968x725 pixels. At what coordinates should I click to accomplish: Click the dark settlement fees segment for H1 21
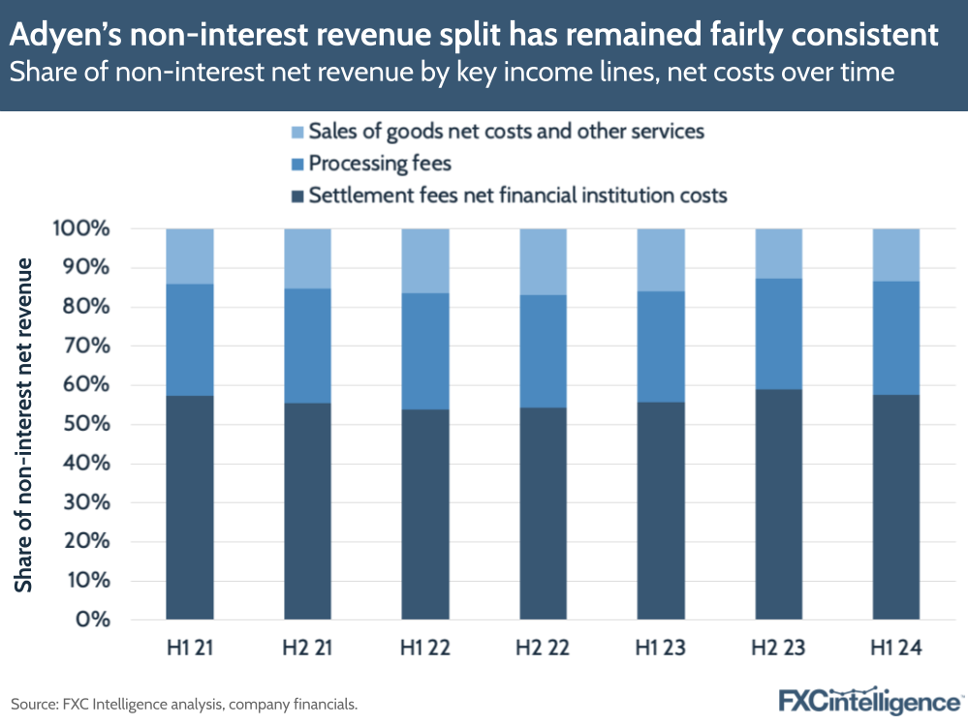point(189,507)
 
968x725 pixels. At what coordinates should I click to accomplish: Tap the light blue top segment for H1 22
point(425,260)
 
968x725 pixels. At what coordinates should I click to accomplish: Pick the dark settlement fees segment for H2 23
point(779,504)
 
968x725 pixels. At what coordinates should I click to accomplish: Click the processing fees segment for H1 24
point(896,338)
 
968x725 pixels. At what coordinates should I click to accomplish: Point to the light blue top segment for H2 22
point(544,261)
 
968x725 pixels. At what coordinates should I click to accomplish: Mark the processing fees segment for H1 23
point(661,347)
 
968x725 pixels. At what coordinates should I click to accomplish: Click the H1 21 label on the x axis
point(189,648)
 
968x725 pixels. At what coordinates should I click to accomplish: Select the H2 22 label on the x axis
point(544,648)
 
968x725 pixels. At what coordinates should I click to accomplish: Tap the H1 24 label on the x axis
point(896,648)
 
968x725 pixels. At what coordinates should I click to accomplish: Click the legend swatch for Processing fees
point(297,164)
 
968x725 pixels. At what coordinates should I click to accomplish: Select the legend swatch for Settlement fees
point(297,196)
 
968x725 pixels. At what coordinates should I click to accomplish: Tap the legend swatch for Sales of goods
point(297,131)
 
